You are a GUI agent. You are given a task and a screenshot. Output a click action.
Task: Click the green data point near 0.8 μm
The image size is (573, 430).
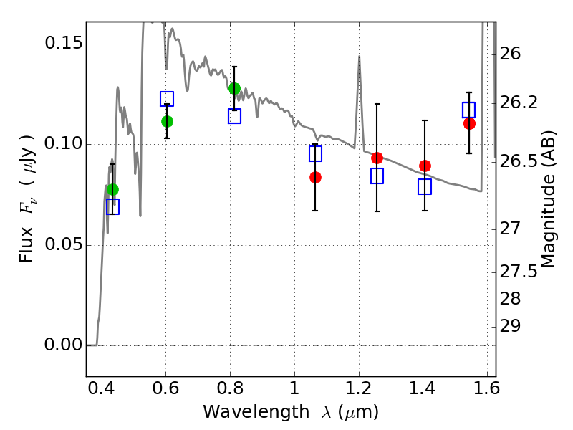[234, 88]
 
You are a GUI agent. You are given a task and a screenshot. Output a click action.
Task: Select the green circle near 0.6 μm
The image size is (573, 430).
[167, 121]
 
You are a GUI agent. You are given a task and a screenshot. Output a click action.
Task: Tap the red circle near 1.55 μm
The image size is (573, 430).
[469, 123]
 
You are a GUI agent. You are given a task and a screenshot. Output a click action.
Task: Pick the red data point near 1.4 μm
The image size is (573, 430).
[425, 166]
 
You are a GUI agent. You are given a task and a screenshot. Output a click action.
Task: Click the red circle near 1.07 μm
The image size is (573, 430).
[315, 177]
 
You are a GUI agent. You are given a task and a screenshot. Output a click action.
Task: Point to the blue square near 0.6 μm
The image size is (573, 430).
[167, 99]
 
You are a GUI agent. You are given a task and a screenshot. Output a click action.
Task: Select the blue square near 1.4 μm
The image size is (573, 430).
[425, 186]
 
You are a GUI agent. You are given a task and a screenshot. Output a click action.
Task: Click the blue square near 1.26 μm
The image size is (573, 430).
[377, 176]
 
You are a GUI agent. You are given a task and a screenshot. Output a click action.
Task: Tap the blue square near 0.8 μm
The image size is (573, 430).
[234, 116]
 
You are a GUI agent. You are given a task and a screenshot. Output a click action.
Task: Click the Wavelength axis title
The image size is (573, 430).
[290, 412]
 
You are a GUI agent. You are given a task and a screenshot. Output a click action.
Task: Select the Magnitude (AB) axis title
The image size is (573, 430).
[549, 199]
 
